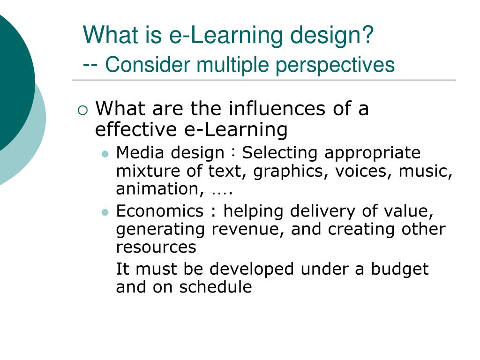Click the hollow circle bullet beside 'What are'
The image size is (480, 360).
pos(82,111)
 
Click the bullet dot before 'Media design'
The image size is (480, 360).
pos(105,154)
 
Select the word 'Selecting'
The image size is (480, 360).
pos(280,153)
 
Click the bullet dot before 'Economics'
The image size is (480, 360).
pos(105,212)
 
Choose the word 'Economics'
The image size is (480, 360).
pos(160,211)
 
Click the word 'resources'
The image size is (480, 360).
pos(156,247)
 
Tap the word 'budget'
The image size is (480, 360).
pos(400,269)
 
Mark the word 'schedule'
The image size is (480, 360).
pos(216,287)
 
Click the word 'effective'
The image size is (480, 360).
pos(135,129)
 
